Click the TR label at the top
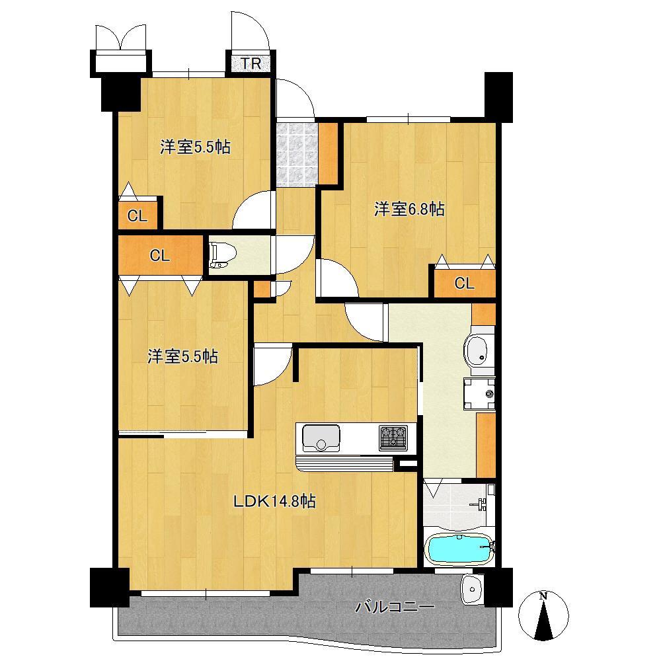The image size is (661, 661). pyautogui.click(x=251, y=63)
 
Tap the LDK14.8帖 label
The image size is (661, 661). pyautogui.click(x=274, y=501)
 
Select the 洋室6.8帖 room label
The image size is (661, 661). pyautogui.click(x=409, y=209)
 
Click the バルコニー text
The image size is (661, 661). pyautogui.click(x=395, y=607)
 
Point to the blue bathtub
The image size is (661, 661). pyautogui.click(x=459, y=549)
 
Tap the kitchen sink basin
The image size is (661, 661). pyautogui.click(x=321, y=438)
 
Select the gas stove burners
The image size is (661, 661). pyautogui.click(x=393, y=438)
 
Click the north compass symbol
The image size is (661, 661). pyautogui.click(x=543, y=615)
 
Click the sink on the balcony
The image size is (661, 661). pyautogui.click(x=471, y=590)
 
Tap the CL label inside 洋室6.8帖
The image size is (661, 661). pyautogui.click(x=464, y=284)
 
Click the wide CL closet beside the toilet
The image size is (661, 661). pyautogui.click(x=160, y=255)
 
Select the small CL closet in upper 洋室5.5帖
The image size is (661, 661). pyautogui.click(x=137, y=216)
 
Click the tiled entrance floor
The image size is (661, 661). pyautogui.click(x=296, y=154)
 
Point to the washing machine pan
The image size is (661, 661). pyautogui.click(x=479, y=394)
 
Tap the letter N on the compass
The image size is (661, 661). pyautogui.click(x=543, y=596)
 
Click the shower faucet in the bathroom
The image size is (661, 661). pyautogui.click(x=481, y=502)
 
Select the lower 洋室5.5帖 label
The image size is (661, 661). pyautogui.click(x=182, y=357)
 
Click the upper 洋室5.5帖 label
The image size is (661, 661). pyautogui.click(x=195, y=147)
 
